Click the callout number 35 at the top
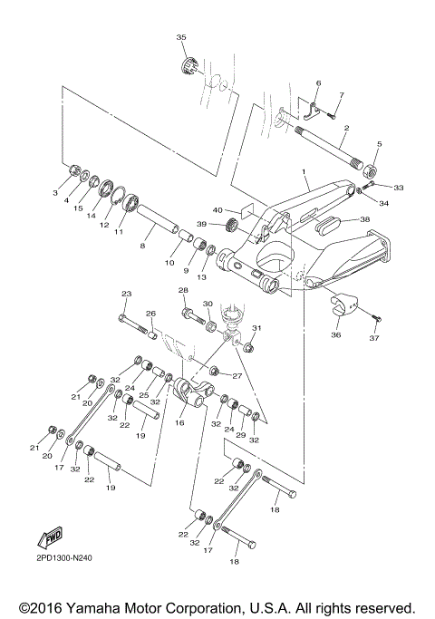click(x=180, y=37)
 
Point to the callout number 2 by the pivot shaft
click(x=344, y=130)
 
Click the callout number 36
click(x=336, y=334)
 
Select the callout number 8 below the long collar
click(x=142, y=245)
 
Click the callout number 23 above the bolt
click(x=126, y=293)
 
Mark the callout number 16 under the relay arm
click(x=179, y=422)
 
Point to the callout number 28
click(x=183, y=291)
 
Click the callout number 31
click(x=256, y=327)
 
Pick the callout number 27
click(x=237, y=376)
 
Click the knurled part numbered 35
click(x=190, y=67)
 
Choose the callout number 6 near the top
click(x=318, y=83)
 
